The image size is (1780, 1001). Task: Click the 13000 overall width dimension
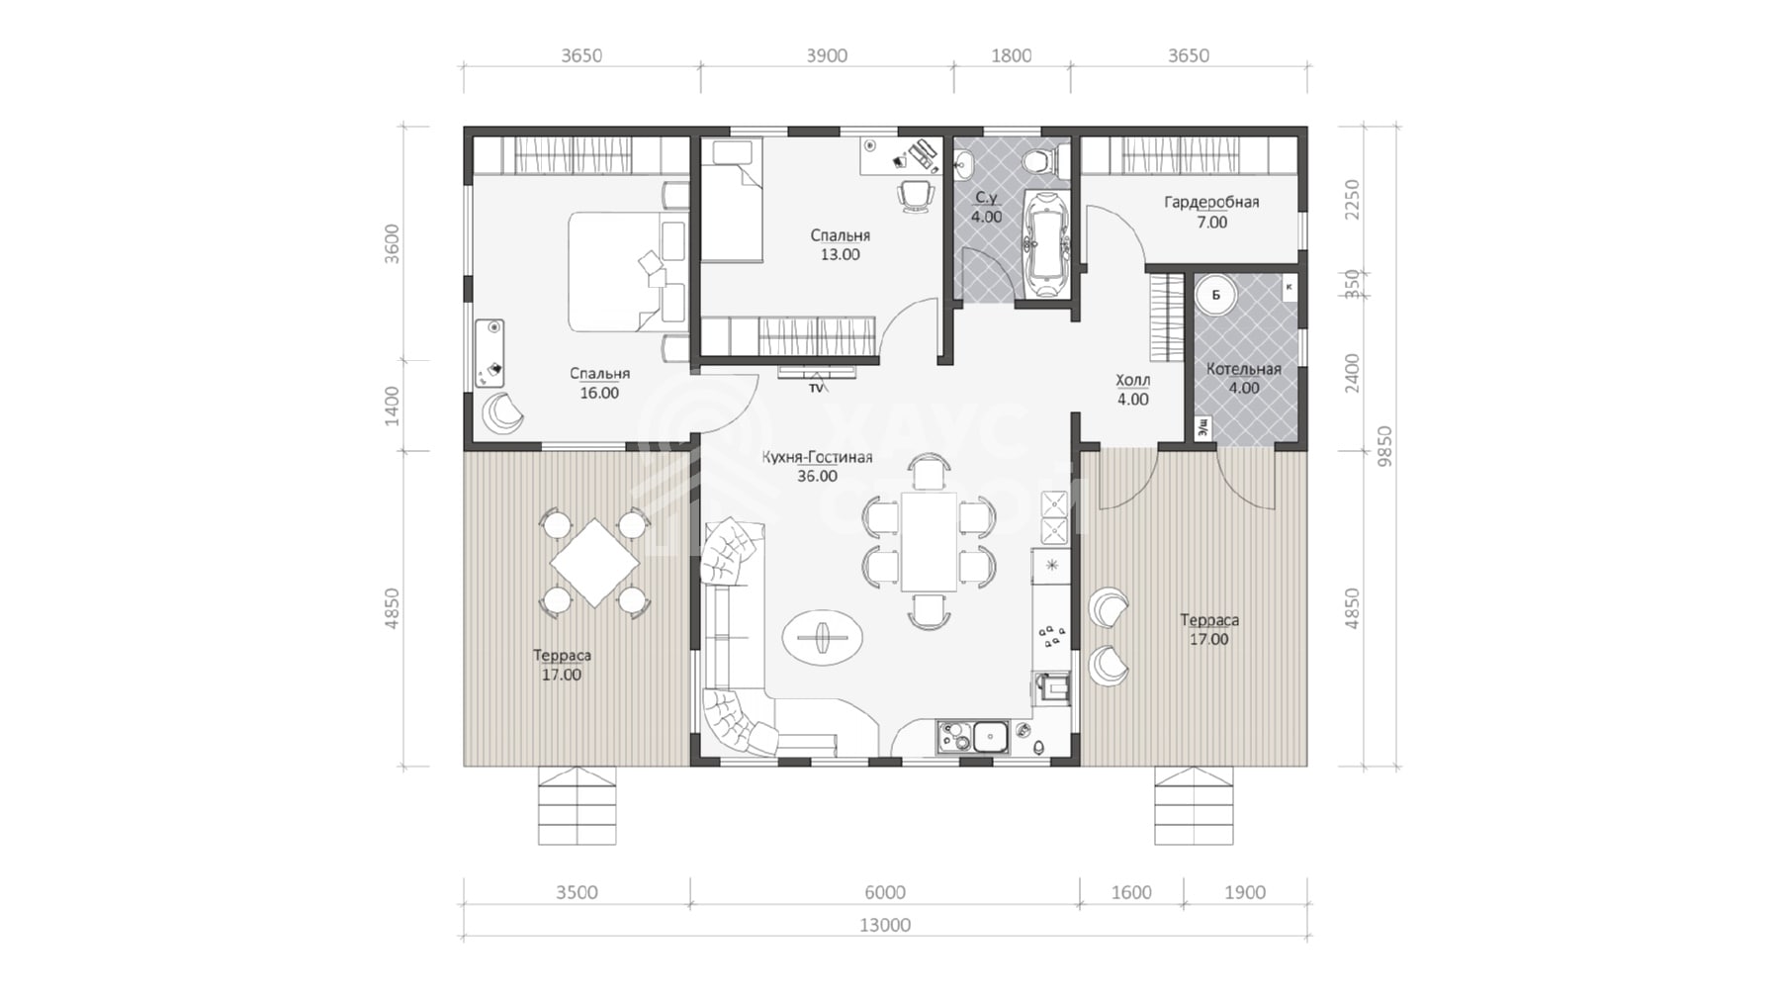coord(884,925)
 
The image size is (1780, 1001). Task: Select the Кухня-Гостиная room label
coord(817,457)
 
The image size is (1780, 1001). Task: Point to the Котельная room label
coord(1243,369)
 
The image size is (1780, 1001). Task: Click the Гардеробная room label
coord(1211,203)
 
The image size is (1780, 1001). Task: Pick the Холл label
coord(1133,380)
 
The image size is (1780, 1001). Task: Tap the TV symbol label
coord(816,389)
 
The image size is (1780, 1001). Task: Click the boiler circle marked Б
coord(1215,295)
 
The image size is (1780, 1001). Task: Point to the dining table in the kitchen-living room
coord(929,541)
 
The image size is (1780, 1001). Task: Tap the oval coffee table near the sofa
coord(823,636)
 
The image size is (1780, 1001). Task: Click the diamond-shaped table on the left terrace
coord(594,563)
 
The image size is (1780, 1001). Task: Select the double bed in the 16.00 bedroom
coord(626,271)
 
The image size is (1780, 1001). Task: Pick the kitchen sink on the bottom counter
coord(989,737)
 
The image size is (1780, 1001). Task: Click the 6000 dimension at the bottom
coord(884,892)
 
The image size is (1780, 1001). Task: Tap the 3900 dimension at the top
coord(827,55)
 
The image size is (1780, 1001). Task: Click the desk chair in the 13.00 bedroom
coord(917,195)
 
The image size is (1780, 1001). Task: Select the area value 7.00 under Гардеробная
coord(1211,223)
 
